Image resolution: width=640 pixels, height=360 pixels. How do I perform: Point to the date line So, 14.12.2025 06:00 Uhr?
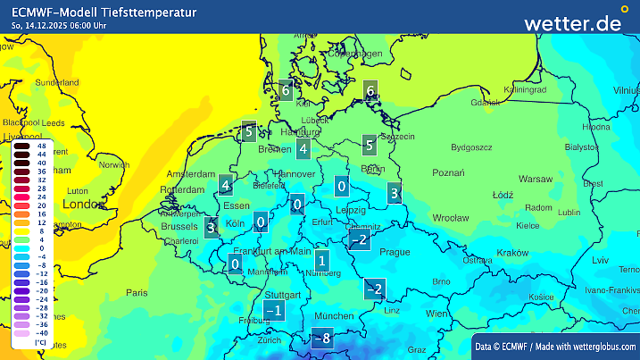tap(60, 25)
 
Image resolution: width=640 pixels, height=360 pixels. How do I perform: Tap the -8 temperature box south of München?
tap(321, 339)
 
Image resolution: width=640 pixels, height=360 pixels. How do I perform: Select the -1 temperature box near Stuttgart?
tap(275, 310)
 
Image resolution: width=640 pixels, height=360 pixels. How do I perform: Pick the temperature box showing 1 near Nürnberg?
tap(321, 261)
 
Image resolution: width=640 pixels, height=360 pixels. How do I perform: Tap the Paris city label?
tap(137, 292)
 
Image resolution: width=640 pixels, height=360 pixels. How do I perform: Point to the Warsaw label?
tap(536, 179)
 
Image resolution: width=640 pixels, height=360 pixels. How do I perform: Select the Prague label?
tap(394, 252)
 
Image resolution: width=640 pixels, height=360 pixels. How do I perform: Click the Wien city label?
tap(436, 314)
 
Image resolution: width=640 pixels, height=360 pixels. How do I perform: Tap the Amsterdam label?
tap(191, 174)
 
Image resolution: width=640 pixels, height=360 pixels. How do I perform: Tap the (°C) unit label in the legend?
tap(40, 343)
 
